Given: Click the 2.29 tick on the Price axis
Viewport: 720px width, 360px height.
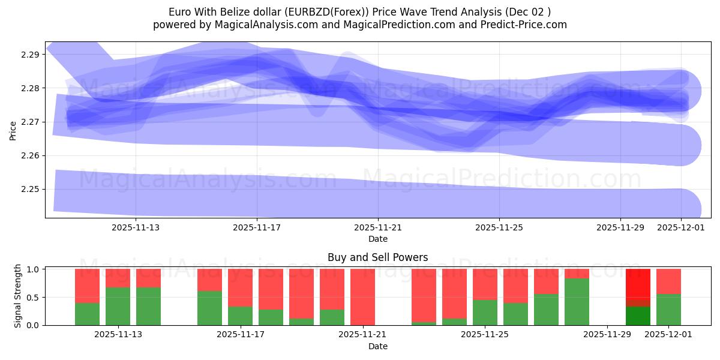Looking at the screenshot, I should (31, 55).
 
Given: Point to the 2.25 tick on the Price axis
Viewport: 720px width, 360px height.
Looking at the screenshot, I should (31, 190).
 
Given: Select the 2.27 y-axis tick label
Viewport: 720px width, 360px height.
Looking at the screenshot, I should (31, 122).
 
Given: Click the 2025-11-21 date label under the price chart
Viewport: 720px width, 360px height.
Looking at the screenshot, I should (378, 228).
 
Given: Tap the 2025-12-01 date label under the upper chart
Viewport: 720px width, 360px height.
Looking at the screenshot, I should (680, 228).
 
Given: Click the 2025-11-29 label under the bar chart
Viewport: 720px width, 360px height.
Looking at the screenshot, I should (608, 335).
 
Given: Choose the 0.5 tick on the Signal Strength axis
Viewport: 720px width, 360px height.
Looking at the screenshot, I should (34, 298).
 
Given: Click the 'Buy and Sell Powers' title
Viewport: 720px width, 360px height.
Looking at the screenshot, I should (377, 257).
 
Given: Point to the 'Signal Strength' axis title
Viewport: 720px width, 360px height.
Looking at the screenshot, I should (18, 296).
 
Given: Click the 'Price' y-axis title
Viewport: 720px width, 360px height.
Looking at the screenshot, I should (13, 130).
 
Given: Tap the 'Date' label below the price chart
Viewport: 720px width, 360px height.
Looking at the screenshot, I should (377, 239).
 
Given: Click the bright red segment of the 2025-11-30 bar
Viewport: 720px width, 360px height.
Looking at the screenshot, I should (638, 287).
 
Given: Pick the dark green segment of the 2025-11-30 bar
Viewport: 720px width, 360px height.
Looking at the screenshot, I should (638, 316).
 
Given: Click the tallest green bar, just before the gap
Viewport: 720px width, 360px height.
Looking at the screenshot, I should (577, 302).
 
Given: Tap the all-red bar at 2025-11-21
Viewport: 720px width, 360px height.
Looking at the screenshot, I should (362, 297).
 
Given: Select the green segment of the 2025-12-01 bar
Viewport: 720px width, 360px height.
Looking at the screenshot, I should (668, 310).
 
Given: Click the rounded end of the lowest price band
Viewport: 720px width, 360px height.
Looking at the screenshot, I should (690, 209).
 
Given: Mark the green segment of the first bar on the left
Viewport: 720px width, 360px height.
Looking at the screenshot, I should (87, 314).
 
